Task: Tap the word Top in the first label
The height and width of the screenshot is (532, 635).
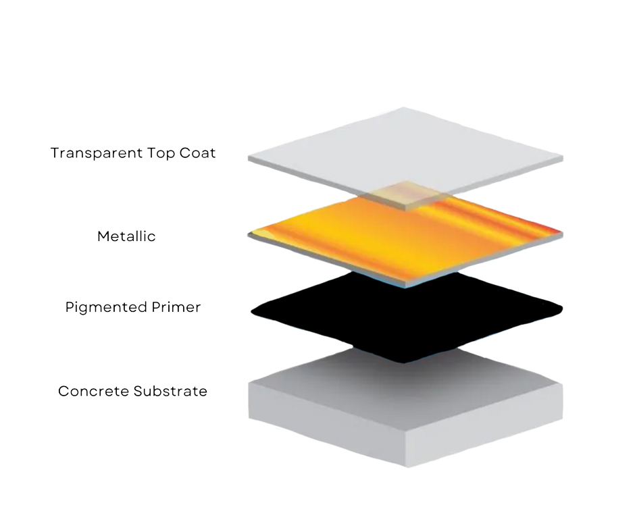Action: click(162, 153)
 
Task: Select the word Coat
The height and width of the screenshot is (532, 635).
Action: click(198, 153)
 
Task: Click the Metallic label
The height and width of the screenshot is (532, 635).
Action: click(127, 237)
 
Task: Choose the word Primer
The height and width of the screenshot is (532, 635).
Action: click(175, 308)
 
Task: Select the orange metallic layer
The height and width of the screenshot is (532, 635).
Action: click(378, 236)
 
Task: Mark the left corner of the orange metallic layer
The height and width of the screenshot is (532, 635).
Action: click(250, 234)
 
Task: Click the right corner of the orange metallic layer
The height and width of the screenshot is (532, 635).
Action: click(561, 234)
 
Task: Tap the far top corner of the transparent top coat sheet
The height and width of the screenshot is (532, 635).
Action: click(404, 107)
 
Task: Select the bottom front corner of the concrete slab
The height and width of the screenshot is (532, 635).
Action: click(405, 466)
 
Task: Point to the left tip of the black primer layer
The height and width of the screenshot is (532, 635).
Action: click(252, 311)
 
